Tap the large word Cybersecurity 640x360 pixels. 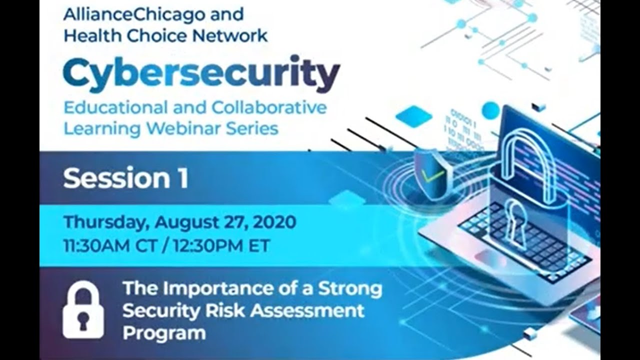coord(201,73)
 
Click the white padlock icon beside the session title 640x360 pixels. coord(83,310)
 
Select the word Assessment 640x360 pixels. coord(307,310)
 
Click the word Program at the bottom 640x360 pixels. coord(164,332)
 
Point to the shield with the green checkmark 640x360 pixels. coord(433,172)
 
